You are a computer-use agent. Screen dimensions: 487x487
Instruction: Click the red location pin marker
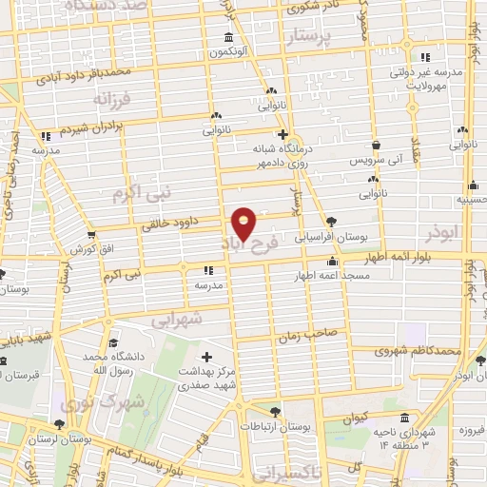point(244,223)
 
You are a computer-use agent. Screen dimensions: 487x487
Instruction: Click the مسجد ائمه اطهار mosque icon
point(332,261)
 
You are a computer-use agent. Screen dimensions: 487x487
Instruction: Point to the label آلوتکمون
point(229,50)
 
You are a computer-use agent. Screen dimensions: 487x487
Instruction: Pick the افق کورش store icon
point(90,234)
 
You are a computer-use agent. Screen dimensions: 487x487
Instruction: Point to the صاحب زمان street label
point(307,336)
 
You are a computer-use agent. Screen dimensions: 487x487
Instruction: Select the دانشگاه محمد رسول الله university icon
point(113,343)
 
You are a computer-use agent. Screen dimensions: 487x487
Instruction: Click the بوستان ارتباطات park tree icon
point(274,412)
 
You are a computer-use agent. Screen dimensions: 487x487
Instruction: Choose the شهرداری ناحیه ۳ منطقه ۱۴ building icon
point(404,418)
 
